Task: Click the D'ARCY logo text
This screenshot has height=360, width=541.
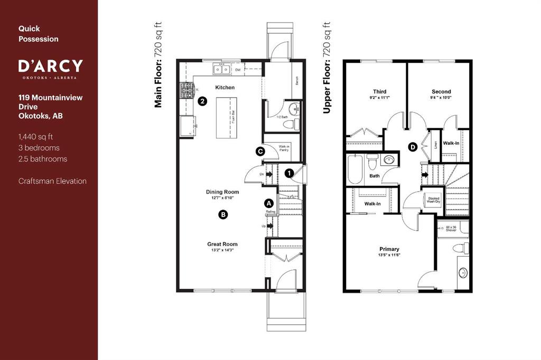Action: tap(51, 66)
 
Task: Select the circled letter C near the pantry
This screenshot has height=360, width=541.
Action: tap(260, 151)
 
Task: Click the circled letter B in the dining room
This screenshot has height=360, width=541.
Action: tap(223, 214)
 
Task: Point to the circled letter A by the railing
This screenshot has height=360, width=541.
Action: tap(268, 203)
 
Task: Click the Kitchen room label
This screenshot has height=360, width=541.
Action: tap(225, 87)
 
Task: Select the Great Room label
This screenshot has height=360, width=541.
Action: tap(222, 244)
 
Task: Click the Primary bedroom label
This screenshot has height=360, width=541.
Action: tap(389, 249)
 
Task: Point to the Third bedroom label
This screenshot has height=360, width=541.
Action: tap(379, 91)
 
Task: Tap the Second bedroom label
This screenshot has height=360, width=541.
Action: tap(441, 91)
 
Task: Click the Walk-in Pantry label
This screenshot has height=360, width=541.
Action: tap(281, 148)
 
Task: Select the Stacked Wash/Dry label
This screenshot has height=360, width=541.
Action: tap(433, 200)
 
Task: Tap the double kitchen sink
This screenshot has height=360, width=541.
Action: tap(221, 69)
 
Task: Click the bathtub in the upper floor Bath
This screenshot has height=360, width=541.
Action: tap(355, 169)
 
